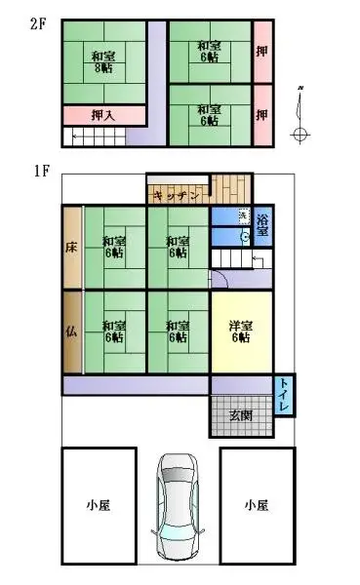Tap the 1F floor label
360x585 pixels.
pos(41,173)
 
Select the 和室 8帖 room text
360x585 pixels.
pos(101,61)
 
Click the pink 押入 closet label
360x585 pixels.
pos(102,115)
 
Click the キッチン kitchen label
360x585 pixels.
pos(176,196)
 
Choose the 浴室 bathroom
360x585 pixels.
pos(262,226)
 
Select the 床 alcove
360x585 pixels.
pos(72,248)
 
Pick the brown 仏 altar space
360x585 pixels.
pos(72,331)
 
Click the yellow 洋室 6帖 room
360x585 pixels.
pos(241,331)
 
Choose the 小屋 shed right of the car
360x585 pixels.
pos(257,505)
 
